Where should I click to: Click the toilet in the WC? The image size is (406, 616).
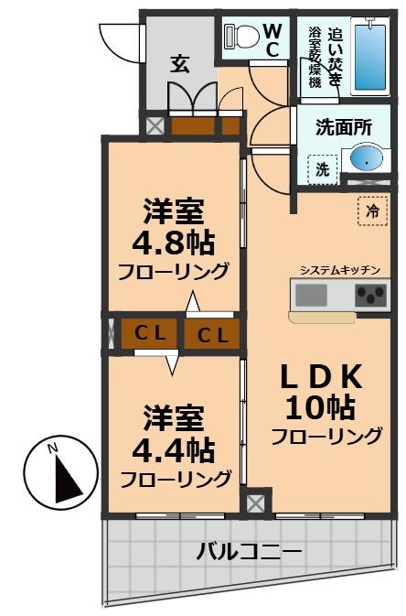[240, 36]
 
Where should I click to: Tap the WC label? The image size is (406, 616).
[272, 40]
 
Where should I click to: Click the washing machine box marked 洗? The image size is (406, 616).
[322, 168]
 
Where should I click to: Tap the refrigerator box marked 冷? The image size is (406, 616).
[371, 211]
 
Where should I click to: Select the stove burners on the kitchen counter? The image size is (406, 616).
[370, 296]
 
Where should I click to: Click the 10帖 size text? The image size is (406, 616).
[324, 406]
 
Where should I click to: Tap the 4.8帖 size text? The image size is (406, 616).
[173, 243]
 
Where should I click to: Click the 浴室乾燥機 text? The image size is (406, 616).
[315, 55]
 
